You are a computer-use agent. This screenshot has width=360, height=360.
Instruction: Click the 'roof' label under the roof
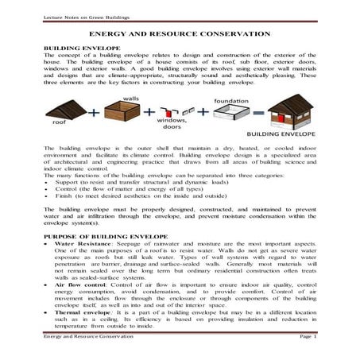[59, 123]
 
